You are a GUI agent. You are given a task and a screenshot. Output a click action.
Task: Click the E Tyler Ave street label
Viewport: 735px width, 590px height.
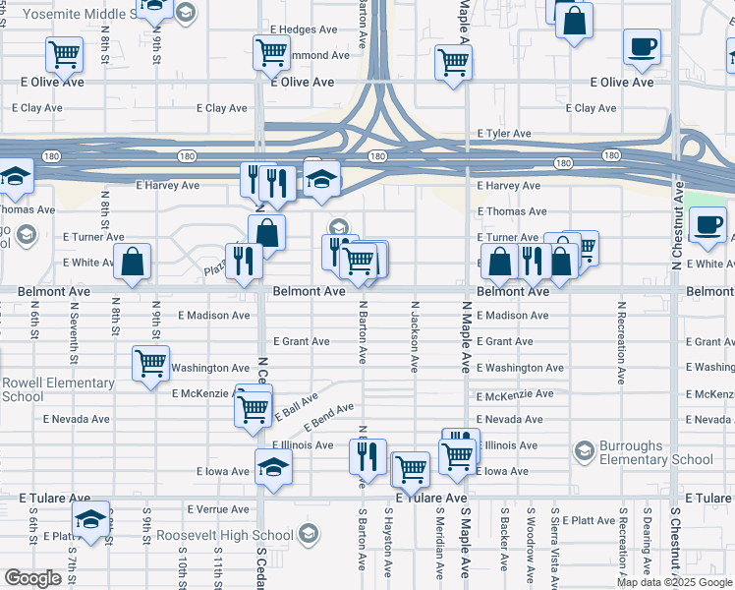tap(504, 133)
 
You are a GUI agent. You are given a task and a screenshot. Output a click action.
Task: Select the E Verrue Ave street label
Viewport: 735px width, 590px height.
tap(216, 509)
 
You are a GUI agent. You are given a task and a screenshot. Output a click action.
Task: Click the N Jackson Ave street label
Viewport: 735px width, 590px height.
tap(415, 337)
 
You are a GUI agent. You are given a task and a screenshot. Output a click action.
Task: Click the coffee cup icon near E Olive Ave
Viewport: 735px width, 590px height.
tap(642, 47)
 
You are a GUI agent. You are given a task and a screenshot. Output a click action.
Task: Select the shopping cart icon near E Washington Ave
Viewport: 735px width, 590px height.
tap(150, 364)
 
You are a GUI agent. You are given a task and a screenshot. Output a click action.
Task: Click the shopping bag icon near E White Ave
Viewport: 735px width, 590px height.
tap(132, 263)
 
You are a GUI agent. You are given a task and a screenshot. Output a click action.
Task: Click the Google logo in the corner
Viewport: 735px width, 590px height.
tap(33, 578)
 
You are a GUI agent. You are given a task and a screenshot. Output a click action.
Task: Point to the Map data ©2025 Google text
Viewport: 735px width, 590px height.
tap(674, 582)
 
